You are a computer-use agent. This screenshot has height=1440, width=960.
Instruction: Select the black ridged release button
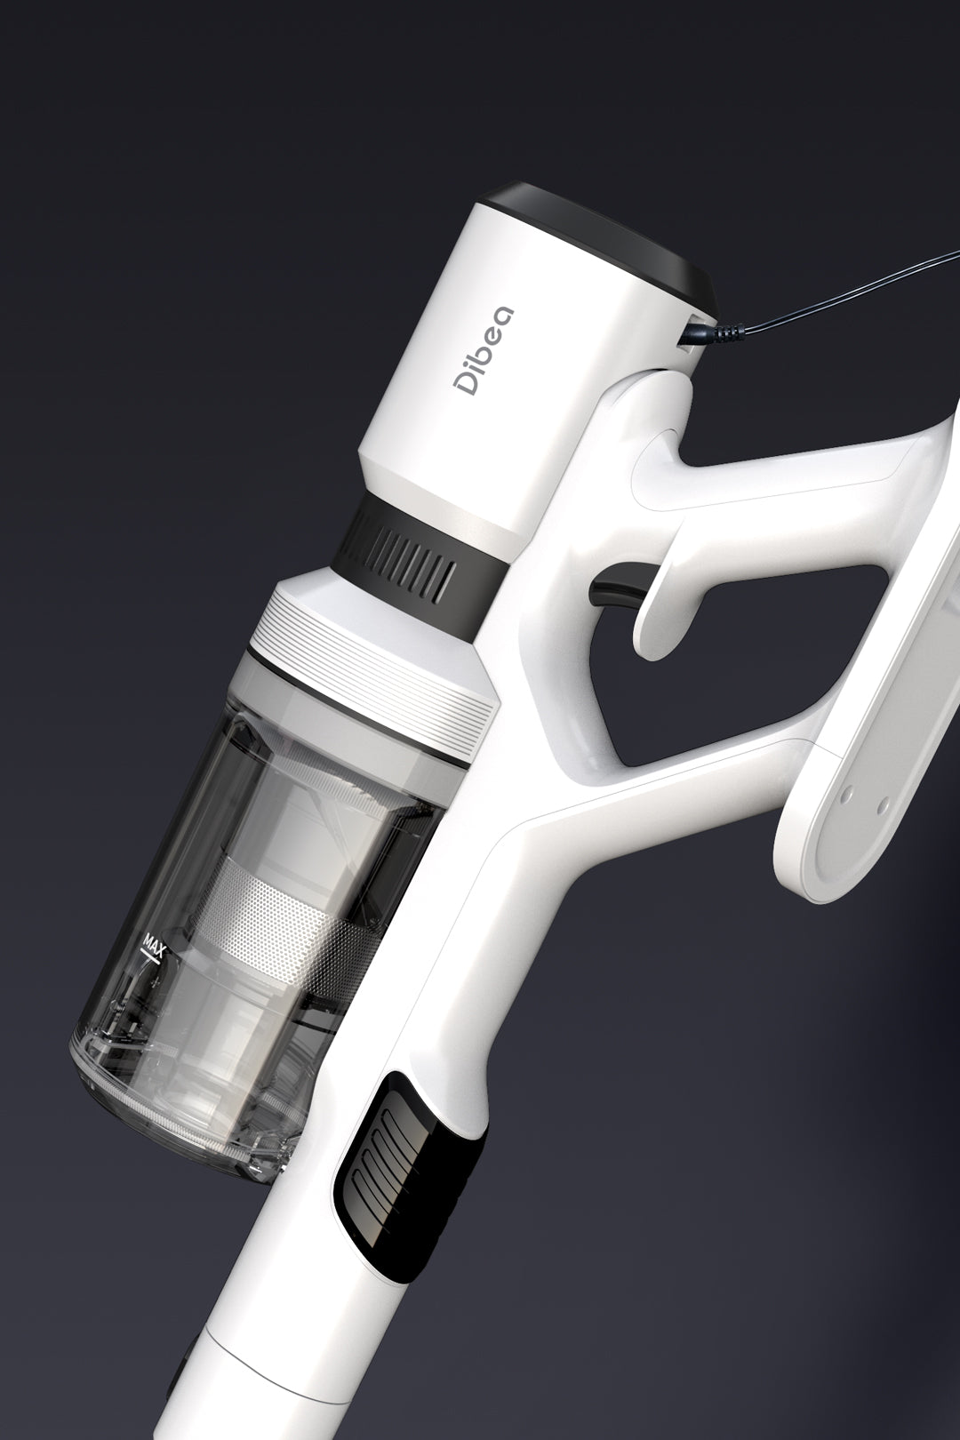coord(391,1156)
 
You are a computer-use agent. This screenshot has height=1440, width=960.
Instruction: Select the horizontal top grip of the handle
coord(782,480)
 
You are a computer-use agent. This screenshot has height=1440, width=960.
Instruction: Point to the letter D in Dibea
coord(466,381)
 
